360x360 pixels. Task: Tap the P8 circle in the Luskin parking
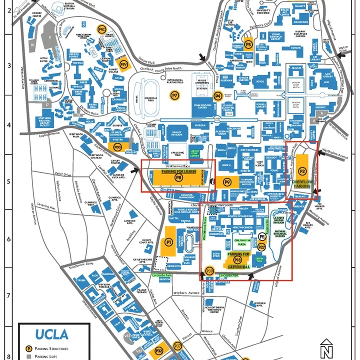click(178, 177)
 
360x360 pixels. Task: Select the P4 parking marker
click(217, 95)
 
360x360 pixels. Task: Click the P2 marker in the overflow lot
click(302, 171)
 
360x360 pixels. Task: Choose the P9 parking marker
click(227, 182)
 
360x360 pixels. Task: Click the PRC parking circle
click(101, 29)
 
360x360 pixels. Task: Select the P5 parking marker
click(248, 44)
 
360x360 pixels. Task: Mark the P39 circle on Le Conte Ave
click(210, 271)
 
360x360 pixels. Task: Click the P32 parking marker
click(159, 351)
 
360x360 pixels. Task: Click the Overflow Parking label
click(302, 183)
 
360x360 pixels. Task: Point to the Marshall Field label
click(144, 98)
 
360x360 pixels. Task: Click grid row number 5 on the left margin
click(8, 180)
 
